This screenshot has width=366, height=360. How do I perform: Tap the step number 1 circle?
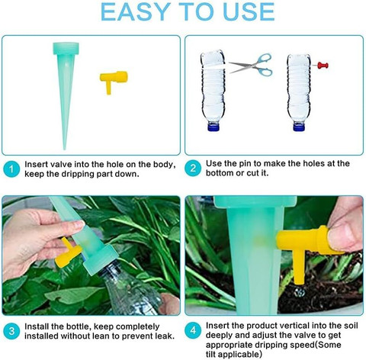click(x=11, y=169)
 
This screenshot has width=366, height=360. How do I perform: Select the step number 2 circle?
click(x=193, y=168)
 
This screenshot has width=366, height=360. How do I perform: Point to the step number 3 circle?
click(x=11, y=331)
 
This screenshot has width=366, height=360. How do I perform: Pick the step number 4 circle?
click(x=193, y=330)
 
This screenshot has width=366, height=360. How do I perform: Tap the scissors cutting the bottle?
click(x=251, y=65)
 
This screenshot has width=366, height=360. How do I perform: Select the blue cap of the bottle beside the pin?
click(x=299, y=127)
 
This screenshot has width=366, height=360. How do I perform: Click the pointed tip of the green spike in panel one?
click(x=65, y=149)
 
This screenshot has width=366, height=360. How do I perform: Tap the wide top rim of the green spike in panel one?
click(x=66, y=48)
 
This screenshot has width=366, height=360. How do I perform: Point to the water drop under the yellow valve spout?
click(x=299, y=293)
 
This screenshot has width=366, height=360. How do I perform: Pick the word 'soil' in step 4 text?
click(x=351, y=326)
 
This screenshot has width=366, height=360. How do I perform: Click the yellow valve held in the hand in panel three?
click(x=67, y=253)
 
